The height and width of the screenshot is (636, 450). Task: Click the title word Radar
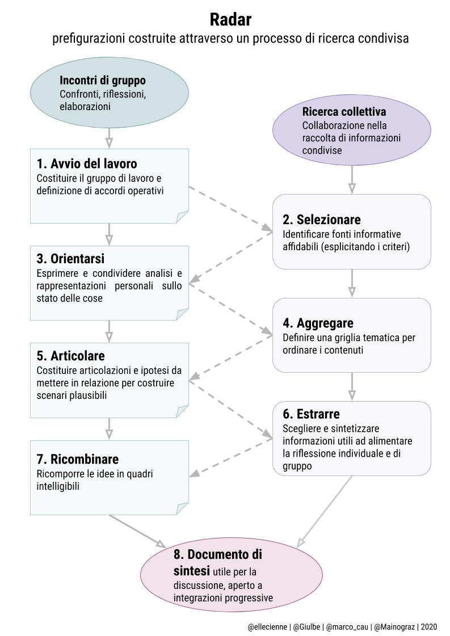pos(230,19)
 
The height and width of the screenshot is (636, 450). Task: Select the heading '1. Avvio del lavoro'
pos(87,164)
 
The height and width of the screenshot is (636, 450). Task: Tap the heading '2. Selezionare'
pos(321,220)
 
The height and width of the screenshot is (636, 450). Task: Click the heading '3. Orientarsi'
pos(70,259)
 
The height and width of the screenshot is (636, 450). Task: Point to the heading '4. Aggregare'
pos(318,323)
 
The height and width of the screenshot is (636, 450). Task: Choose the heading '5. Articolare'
pos(70,356)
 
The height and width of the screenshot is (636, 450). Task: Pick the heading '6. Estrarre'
pos(311,414)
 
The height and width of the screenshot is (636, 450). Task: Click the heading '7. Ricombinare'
pos(78,459)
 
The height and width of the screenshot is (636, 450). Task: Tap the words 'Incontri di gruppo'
pos(103,81)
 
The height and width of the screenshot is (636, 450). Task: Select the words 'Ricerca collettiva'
pos(344,111)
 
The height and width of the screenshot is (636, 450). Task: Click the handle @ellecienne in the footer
pos(268,627)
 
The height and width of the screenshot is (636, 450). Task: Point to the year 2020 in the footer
pos(429,627)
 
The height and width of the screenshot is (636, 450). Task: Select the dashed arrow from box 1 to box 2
pos(230,209)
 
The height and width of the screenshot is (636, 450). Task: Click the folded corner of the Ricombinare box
pos(182,509)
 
